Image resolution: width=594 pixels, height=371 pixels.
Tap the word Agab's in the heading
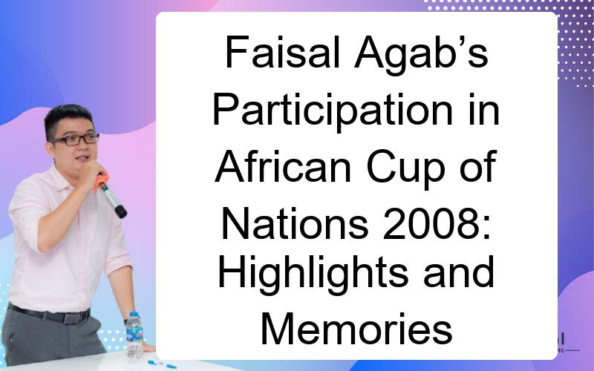click(x=421, y=55)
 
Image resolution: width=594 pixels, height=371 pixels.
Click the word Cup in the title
click(x=405, y=171)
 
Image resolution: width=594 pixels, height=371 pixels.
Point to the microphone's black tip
click(x=121, y=211)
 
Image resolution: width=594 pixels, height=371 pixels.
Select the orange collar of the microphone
click(x=101, y=180)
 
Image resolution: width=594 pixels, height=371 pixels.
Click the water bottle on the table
click(x=134, y=335)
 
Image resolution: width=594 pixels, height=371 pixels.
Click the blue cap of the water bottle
click(x=134, y=315)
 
